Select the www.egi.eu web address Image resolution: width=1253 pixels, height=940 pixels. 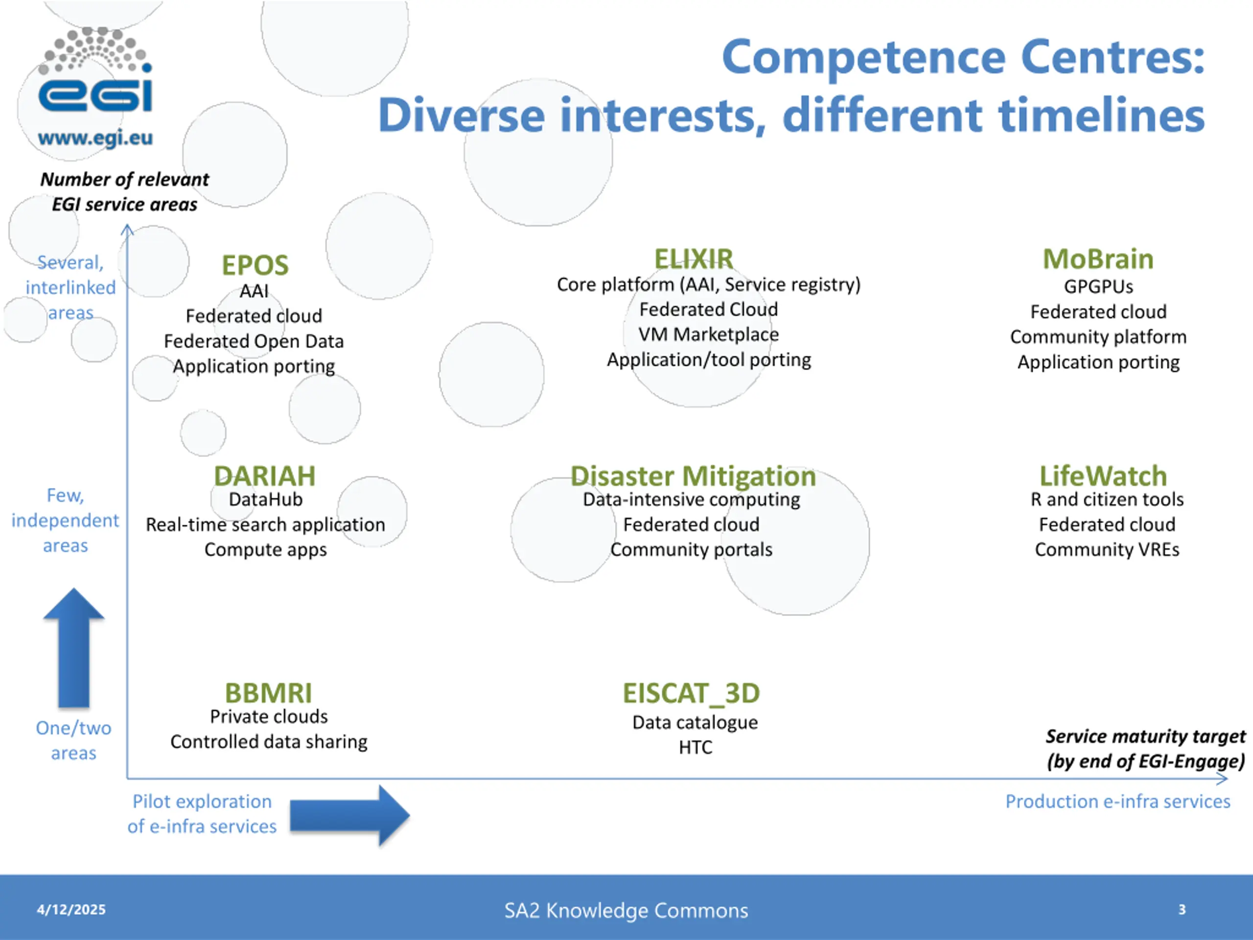pyautogui.click(x=95, y=138)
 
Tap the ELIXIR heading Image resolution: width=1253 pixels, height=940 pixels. pyautogui.click(x=694, y=259)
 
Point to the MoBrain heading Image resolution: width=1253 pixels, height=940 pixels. pyautogui.click(x=1098, y=259)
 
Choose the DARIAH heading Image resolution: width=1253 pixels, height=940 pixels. pyautogui.click(x=264, y=476)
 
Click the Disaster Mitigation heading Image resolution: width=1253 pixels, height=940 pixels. pyautogui.click(x=693, y=476)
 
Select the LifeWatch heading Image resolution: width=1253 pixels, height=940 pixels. pyautogui.click(x=1103, y=476)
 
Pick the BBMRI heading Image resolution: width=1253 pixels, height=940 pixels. pyautogui.click(x=269, y=693)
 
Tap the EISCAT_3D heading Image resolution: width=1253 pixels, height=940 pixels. pyautogui.click(x=691, y=693)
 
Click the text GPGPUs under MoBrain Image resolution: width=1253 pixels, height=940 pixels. pyautogui.click(x=1098, y=287)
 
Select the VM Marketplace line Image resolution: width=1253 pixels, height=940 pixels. pyautogui.click(x=709, y=334)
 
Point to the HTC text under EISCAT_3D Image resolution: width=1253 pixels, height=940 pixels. pyautogui.click(x=696, y=748)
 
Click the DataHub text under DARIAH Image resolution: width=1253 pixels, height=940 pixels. pyautogui.click(x=266, y=499)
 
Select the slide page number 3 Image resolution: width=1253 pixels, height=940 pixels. pyautogui.click(x=1182, y=910)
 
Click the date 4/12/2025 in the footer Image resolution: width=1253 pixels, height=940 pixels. pyautogui.click(x=71, y=910)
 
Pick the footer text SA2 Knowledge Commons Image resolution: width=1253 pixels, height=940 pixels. pyautogui.click(x=626, y=910)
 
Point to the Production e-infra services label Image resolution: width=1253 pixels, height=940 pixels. pyautogui.click(x=1117, y=801)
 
